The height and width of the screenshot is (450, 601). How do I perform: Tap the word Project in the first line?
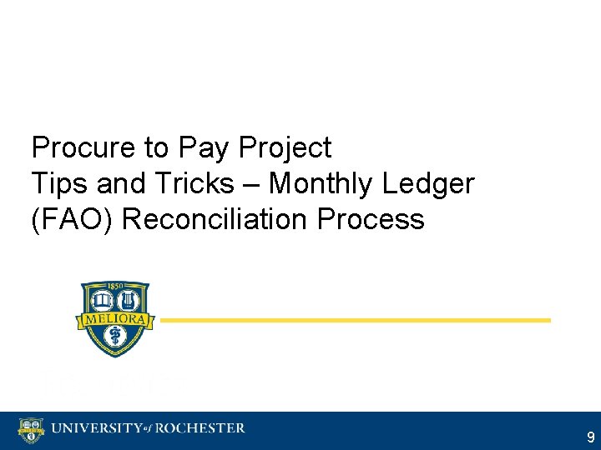click(x=285, y=148)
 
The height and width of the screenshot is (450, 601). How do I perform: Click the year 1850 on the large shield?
click(x=115, y=287)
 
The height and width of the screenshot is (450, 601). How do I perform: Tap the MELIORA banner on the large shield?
click(x=115, y=319)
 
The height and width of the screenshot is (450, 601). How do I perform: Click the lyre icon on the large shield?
click(x=130, y=300)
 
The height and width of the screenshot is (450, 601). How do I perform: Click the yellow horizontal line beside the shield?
click(x=356, y=320)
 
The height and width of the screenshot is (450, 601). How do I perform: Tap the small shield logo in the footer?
click(x=30, y=430)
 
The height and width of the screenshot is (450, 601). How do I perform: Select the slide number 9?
click(x=590, y=437)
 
